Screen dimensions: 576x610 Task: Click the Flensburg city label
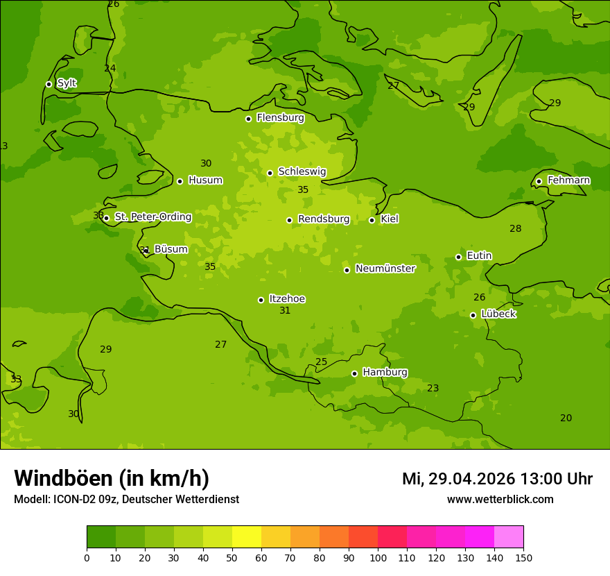pyautogui.click(x=280, y=118)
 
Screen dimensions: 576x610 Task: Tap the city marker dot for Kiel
pyautogui.click(x=372, y=220)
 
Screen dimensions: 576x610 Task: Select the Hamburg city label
pyautogui.click(x=385, y=373)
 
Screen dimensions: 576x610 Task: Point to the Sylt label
pyautogui.click(x=67, y=83)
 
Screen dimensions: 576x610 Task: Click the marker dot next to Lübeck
pyautogui.click(x=473, y=315)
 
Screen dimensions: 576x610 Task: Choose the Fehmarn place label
pyautogui.click(x=568, y=180)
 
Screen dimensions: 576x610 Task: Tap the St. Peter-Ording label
pyautogui.click(x=152, y=217)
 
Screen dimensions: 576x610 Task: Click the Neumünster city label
pyautogui.click(x=385, y=269)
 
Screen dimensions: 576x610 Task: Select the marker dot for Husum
pyautogui.click(x=180, y=181)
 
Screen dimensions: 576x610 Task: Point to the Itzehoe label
pyautogui.click(x=287, y=299)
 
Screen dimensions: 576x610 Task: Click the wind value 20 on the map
pyautogui.click(x=566, y=418)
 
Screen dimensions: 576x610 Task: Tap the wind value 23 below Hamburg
pyautogui.click(x=433, y=389)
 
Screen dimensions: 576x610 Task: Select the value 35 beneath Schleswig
pyautogui.click(x=303, y=190)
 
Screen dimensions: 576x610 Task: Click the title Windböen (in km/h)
pyautogui.click(x=112, y=478)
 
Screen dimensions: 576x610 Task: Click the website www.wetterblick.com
pyautogui.click(x=500, y=500)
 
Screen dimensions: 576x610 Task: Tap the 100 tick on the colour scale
pyautogui.click(x=378, y=557)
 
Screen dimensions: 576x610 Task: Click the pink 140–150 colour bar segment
pyautogui.click(x=509, y=537)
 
